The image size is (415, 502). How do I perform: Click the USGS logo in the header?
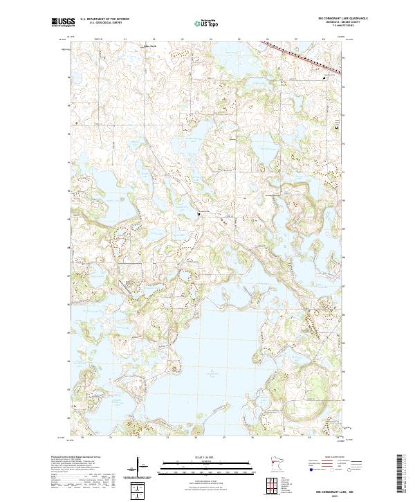click(x=63, y=22)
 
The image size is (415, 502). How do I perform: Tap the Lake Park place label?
click(x=149, y=46)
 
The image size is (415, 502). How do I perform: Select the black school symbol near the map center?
click(x=199, y=214)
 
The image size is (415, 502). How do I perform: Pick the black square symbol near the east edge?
click(x=337, y=128)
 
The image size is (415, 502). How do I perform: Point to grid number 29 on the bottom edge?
click(x=338, y=438)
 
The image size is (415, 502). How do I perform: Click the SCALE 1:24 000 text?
click(x=207, y=457)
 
